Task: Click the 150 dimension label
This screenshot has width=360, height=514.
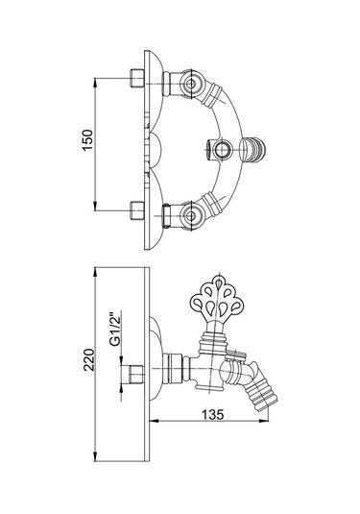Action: (x=87, y=140)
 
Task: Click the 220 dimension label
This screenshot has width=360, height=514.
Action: (x=88, y=359)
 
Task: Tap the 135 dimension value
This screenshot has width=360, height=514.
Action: (x=212, y=415)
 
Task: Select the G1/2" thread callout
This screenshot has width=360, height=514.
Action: (x=114, y=331)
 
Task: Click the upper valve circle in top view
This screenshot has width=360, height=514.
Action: (x=190, y=84)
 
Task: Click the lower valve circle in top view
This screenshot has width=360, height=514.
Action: (x=190, y=215)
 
